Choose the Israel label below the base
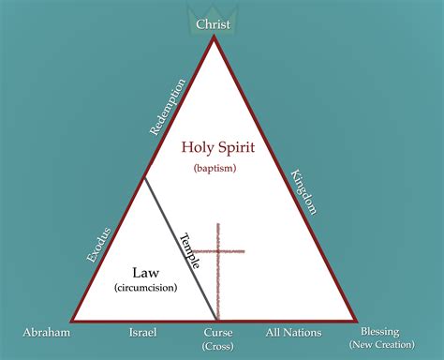[x=144, y=332]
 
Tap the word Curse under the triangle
[x=217, y=332]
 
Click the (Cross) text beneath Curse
[x=217, y=346]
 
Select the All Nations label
[x=293, y=332]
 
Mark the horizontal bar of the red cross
[x=217, y=251]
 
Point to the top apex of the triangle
[x=215, y=37]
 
